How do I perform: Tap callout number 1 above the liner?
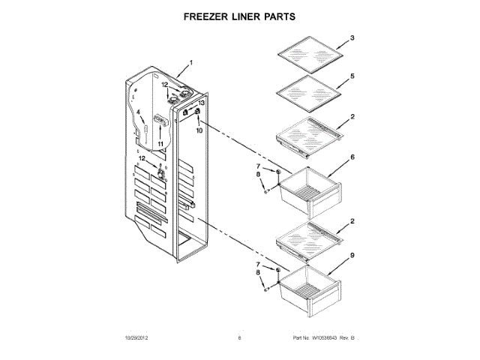[x=190, y=63]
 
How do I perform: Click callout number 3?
[x=352, y=38]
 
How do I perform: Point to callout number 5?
[x=352, y=76]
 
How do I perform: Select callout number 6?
[x=352, y=158]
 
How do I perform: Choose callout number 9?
[x=352, y=256]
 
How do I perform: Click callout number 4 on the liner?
[x=139, y=113]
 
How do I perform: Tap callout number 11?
[x=160, y=142]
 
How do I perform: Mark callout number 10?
[x=199, y=130]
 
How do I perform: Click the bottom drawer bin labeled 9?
[x=307, y=286]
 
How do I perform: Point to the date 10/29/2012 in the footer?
[x=137, y=338]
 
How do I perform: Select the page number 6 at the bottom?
[x=238, y=338]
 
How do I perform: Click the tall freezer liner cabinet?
[x=161, y=172]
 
